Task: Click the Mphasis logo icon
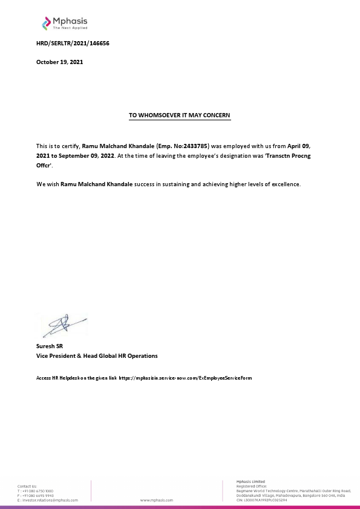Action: [x=47, y=24]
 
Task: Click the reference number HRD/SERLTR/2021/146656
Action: [x=73, y=44]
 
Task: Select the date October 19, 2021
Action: [x=59, y=62]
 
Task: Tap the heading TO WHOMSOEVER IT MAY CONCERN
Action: [x=180, y=114]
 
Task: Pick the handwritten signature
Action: [x=61, y=326]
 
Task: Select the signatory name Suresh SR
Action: [x=51, y=346]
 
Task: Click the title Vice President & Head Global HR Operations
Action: [x=97, y=356]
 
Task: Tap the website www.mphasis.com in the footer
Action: [x=157, y=501]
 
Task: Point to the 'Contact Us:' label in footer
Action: [x=27, y=486]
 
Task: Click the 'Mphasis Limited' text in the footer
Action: [x=250, y=481]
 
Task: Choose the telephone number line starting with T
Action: [x=36, y=491]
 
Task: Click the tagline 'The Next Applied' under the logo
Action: [x=70, y=28]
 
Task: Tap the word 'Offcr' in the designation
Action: [x=44, y=164]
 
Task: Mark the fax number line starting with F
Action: [x=36, y=496]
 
